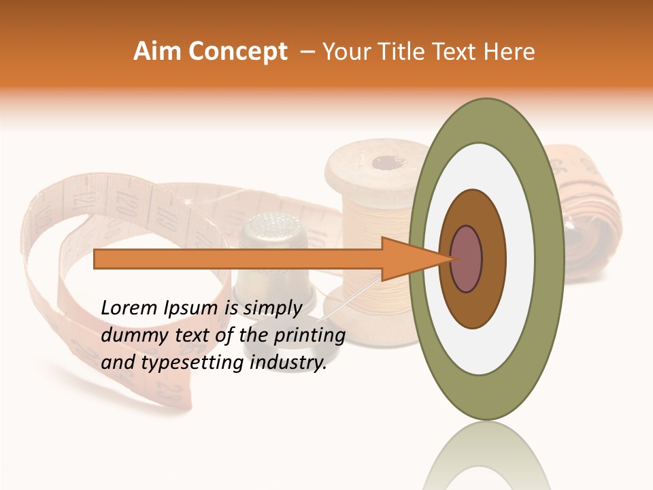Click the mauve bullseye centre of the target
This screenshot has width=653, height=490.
[x=467, y=259]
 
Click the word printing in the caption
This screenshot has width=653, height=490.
[x=310, y=336]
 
